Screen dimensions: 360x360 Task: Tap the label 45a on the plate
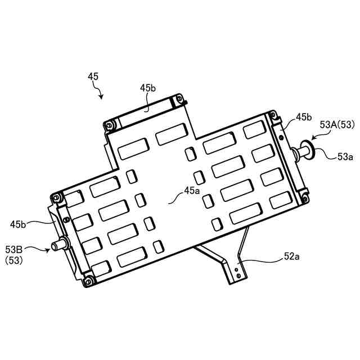(191, 191)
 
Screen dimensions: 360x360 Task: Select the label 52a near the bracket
(291, 256)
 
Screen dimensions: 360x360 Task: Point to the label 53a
(345, 157)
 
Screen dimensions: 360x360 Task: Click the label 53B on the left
(14, 249)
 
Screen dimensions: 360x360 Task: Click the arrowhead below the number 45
(101, 97)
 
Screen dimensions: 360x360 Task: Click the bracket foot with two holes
(236, 273)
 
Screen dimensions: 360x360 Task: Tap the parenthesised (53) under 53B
(14, 260)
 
